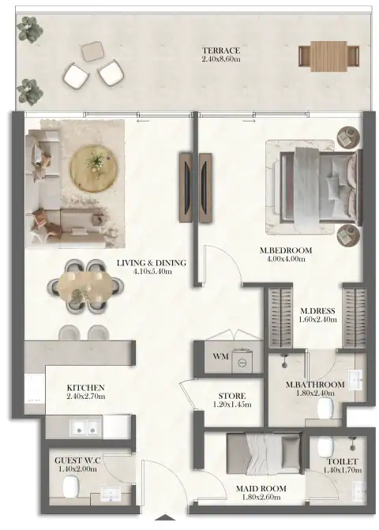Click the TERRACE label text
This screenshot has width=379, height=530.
[221, 51]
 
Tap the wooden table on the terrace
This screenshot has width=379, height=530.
[328, 56]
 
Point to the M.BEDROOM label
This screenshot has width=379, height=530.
[286, 250]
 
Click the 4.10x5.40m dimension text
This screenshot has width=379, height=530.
[152, 271]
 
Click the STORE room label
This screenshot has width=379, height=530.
[232, 396]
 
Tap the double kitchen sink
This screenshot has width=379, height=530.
[85, 427]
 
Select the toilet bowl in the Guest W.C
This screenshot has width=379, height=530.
[70, 487]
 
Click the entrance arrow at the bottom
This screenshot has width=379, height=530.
[165, 517]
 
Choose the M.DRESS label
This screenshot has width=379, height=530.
[317, 311]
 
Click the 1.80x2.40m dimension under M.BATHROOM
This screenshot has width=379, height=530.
[315, 393]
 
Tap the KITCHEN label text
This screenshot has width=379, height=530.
[85, 388]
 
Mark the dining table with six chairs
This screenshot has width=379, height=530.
[85, 286]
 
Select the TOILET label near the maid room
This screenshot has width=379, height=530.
[342, 461]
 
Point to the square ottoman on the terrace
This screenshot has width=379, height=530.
[92, 51]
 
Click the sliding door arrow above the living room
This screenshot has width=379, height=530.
[143, 121]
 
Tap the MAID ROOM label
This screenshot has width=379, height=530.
[261, 488]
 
